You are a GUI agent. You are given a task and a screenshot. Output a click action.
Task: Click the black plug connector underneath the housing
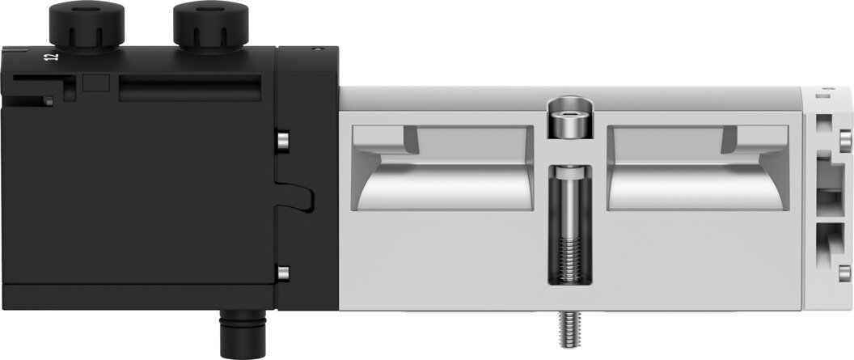tap(243, 332)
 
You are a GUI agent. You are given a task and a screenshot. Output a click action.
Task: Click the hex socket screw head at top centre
tap(569, 119)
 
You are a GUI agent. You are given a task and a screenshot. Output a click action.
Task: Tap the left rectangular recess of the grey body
tap(443, 167)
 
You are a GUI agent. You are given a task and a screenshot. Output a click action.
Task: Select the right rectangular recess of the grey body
tap(698, 167)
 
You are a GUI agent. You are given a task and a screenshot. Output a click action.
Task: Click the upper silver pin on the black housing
tap(283, 141)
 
